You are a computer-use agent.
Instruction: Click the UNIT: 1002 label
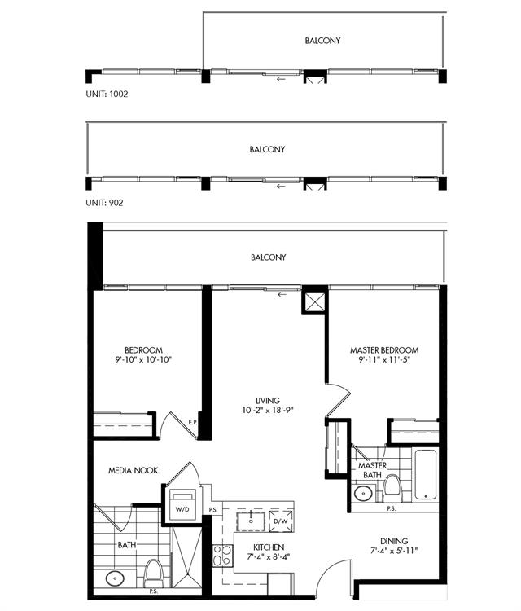(107, 94)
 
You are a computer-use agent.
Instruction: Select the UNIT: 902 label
(104, 203)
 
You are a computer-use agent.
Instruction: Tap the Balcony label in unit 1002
(322, 41)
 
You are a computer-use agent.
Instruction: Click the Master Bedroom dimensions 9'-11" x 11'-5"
(384, 359)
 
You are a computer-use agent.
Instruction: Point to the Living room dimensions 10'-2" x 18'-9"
(268, 410)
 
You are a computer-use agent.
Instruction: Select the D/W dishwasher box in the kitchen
(281, 521)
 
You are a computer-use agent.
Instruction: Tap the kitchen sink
(252, 521)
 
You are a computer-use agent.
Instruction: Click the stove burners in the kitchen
(222, 556)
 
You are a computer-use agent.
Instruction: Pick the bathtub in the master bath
(425, 474)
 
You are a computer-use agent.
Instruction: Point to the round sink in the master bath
(364, 494)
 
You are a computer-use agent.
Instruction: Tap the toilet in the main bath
(153, 574)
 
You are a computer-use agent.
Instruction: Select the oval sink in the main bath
(115, 578)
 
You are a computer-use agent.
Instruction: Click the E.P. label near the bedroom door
(193, 422)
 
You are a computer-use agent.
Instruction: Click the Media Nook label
(134, 470)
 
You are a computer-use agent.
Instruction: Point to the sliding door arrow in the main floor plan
(282, 295)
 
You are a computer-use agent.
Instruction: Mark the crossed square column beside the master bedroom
(314, 301)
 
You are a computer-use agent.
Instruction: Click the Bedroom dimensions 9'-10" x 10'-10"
(143, 359)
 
